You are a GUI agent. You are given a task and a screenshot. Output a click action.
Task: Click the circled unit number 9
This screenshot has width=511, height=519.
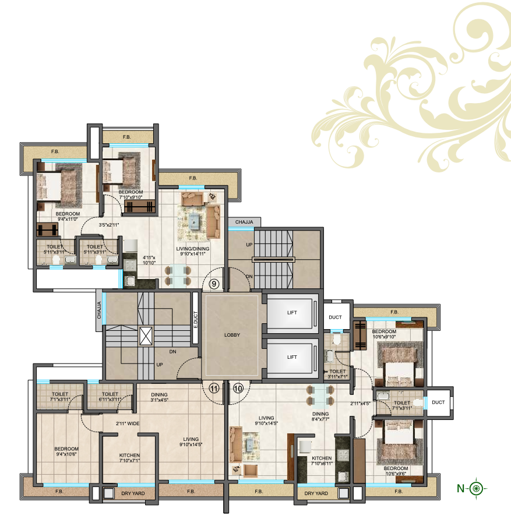[214, 285]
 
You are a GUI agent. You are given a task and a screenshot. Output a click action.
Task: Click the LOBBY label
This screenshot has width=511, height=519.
[232, 335]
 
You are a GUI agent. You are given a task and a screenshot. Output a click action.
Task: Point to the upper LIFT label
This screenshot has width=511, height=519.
[292, 313]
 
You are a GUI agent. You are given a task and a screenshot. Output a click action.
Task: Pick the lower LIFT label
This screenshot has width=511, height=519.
[292, 357]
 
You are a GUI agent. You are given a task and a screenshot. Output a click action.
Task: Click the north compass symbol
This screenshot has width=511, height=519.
[477, 488]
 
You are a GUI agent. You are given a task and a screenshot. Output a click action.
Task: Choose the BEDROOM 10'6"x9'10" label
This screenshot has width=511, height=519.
[383, 334]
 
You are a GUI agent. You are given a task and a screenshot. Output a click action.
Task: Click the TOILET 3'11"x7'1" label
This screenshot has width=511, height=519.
[338, 374]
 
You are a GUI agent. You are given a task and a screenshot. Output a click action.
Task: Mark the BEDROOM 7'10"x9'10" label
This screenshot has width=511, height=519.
[131, 195]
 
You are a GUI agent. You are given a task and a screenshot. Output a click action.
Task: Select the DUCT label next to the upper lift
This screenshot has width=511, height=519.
[335, 318]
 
